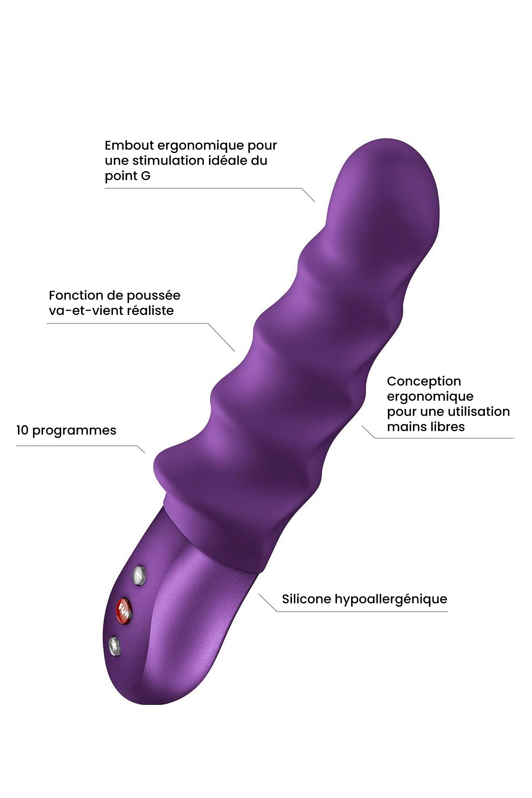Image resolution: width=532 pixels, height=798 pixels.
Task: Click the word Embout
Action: (129, 145)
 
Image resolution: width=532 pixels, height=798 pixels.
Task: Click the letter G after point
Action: (146, 176)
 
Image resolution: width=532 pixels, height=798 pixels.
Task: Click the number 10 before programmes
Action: (22, 430)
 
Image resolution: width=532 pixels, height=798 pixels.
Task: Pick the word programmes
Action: (74, 431)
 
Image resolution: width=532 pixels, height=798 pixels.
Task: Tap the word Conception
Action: (424, 381)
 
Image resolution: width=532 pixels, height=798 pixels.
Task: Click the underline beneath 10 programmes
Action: (77, 446)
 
